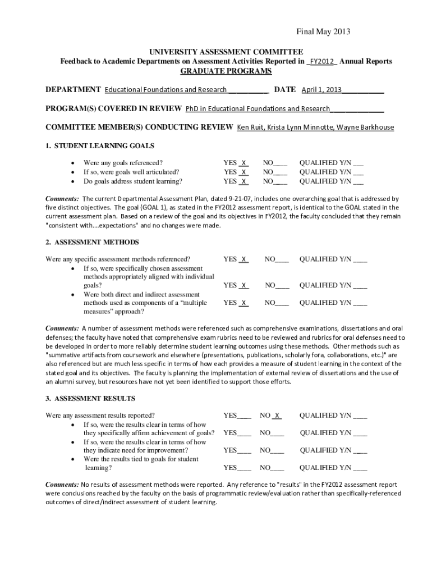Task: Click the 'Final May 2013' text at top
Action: (x=323, y=31)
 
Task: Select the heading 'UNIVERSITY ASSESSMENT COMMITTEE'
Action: (x=226, y=51)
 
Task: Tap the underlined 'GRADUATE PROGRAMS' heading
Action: (x=226, y=71)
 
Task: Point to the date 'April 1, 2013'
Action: (x=321, y=90)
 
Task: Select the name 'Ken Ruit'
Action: (x=251, y=127)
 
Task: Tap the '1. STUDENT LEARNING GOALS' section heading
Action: (x=100, y=146)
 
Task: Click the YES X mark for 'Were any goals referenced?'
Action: (x=244, y=163)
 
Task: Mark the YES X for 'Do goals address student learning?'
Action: (x=244, y=181)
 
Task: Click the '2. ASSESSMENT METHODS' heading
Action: (x=92, y=242)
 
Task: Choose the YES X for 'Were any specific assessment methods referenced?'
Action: (x=244, y=259)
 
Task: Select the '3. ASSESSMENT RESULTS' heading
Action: (x=90, y=398)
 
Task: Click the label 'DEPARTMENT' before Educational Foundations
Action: (x=73, y=90)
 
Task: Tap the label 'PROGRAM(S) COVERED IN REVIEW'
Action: (x=113, y=108)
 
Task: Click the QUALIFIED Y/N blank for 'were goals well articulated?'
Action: (x=358, y=172)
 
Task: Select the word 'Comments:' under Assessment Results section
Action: (x=62, y=484)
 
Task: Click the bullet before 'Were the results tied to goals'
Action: (x=73, y=459)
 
